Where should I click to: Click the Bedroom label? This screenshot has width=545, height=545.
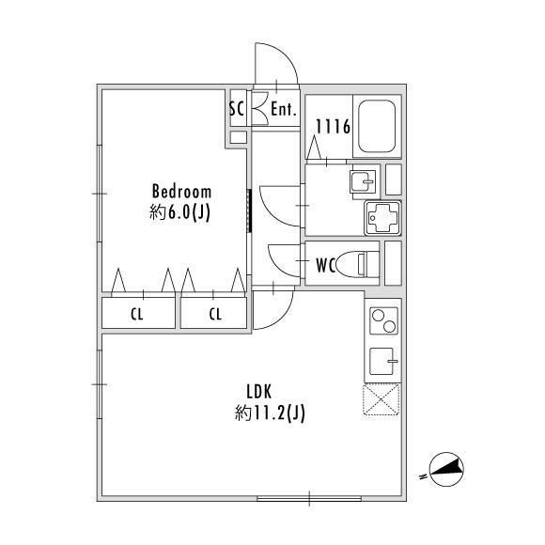click(x=181, y=192)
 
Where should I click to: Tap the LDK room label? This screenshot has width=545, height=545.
click(x=259, y=392)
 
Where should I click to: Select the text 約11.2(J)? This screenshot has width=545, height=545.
click(x=270, y=413)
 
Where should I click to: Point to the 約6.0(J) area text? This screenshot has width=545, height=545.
click(x=180, y=212)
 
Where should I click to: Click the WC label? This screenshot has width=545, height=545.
click(x=326, y=266)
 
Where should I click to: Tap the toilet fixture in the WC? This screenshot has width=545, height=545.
click(x=358, y=264)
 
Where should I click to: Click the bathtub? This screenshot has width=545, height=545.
click(x=377, y=126)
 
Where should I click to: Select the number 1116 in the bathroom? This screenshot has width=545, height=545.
click(x=333, y=127)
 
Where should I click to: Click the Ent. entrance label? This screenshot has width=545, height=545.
click(x=284, y=110)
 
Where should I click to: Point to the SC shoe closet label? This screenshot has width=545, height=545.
click(x=237, y=109)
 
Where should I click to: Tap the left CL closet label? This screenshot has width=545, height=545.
click(x=137, y=314)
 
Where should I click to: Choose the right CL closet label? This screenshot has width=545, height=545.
click(x=215, y=314)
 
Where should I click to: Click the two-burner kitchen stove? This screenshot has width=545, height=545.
click(x=383, y=320)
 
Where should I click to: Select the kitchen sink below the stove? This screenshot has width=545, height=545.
click(x=382, y=361)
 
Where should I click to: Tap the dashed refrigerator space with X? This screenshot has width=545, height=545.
click(x=381, y=399)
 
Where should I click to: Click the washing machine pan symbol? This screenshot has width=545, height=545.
click(x=382, y=218)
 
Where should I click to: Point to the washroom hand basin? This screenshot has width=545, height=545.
click(x=364, y=181)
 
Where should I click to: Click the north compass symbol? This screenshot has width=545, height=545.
click(x=446, y=470)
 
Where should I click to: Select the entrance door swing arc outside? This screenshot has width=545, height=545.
click(x=286, y=54)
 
